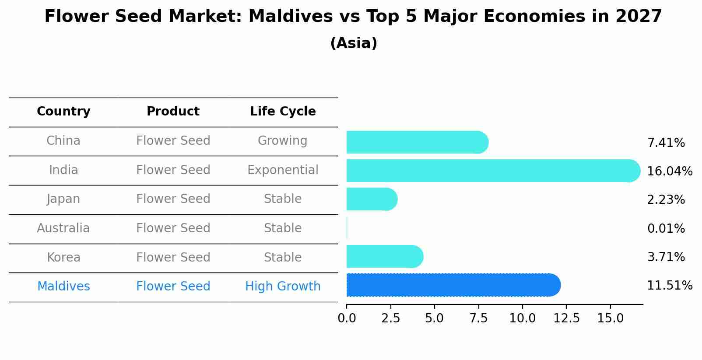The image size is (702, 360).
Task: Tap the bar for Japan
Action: (x=371, y=199)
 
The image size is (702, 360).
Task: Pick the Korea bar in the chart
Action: (x=384, y=256)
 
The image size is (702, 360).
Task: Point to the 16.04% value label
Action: (x=669, y=171)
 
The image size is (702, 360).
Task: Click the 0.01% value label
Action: (x=666, y=228)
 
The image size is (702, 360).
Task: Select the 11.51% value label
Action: (x=669, y=286)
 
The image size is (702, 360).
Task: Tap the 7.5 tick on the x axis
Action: (x=478, y=318)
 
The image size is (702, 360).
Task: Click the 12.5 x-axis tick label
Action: (x=566, y=318)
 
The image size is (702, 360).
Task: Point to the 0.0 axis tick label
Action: (x=347, y=318)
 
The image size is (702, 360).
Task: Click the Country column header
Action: (x=63, y=112)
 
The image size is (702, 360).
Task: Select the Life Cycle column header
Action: (x=283, y=112)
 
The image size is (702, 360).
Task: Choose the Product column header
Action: (x=173, y=112)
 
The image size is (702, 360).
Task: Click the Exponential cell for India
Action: (x=283, y=170)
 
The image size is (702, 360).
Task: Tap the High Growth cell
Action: (x=283, y=287)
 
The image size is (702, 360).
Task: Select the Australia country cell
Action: (x=63, y=228)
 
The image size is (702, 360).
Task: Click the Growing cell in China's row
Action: (x=283, y=141)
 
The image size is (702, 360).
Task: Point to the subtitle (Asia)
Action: (x=354, y=43)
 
